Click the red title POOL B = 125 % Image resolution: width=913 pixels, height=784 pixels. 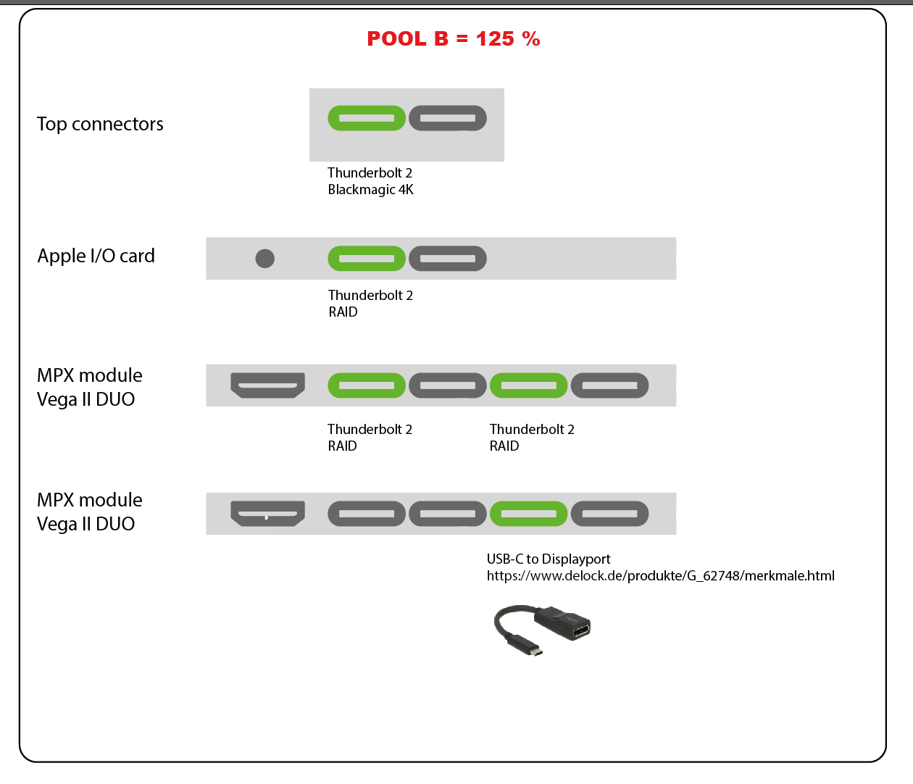453,39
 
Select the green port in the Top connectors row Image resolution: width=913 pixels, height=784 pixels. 367,118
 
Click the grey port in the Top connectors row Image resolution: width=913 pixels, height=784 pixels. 448,118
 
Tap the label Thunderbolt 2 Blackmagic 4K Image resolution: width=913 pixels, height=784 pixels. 370,181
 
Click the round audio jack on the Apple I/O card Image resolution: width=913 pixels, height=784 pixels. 265,259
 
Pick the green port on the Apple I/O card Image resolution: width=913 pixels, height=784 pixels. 367,259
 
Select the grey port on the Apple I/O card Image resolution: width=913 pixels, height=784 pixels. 448,259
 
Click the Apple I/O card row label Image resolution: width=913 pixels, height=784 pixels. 96,256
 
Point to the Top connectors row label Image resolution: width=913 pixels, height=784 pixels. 100,124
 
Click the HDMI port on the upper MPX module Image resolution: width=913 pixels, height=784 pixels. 267,385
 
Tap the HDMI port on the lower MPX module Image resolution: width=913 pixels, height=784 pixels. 267,514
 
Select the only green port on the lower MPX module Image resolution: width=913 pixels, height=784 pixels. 529,514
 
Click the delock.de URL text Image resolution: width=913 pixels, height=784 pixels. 660,576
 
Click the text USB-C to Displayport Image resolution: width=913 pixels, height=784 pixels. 549,559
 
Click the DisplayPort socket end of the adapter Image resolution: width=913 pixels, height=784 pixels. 580,628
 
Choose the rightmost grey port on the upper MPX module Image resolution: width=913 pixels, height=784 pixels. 610,385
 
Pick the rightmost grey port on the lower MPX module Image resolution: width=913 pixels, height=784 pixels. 610,514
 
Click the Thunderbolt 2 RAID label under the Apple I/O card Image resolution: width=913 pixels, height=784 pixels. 370,304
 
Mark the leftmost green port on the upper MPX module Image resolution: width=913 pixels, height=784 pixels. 367,385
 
